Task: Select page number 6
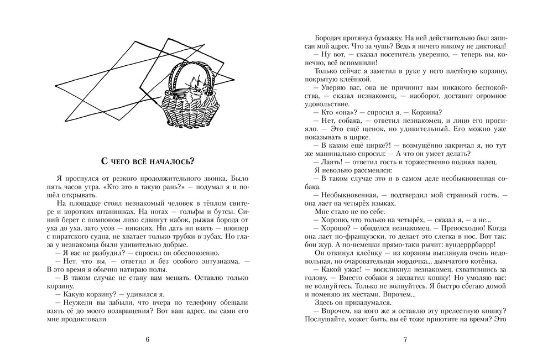click(x=147, y=340)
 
